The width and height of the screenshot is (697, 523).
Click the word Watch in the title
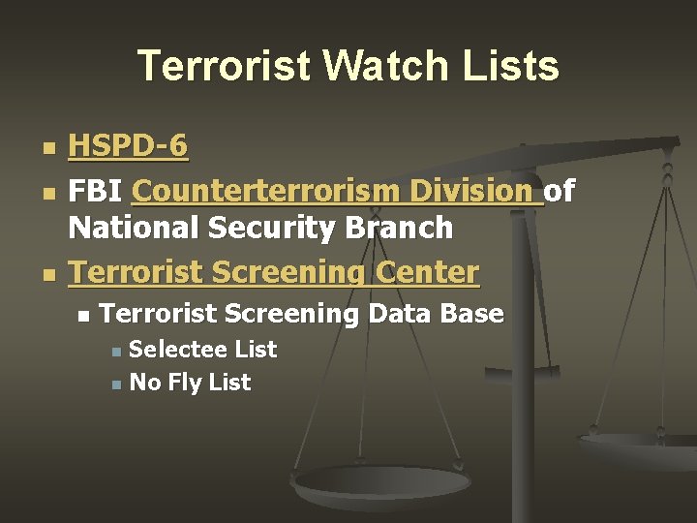click(x=383, y=66)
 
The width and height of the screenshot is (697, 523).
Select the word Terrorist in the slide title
click(x=226, y=66)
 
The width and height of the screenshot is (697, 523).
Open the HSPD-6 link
click(x=129, y=147)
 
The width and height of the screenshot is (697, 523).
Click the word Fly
click(x=185, y=383)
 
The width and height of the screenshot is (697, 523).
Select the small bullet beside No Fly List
click(x=116, y=385)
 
